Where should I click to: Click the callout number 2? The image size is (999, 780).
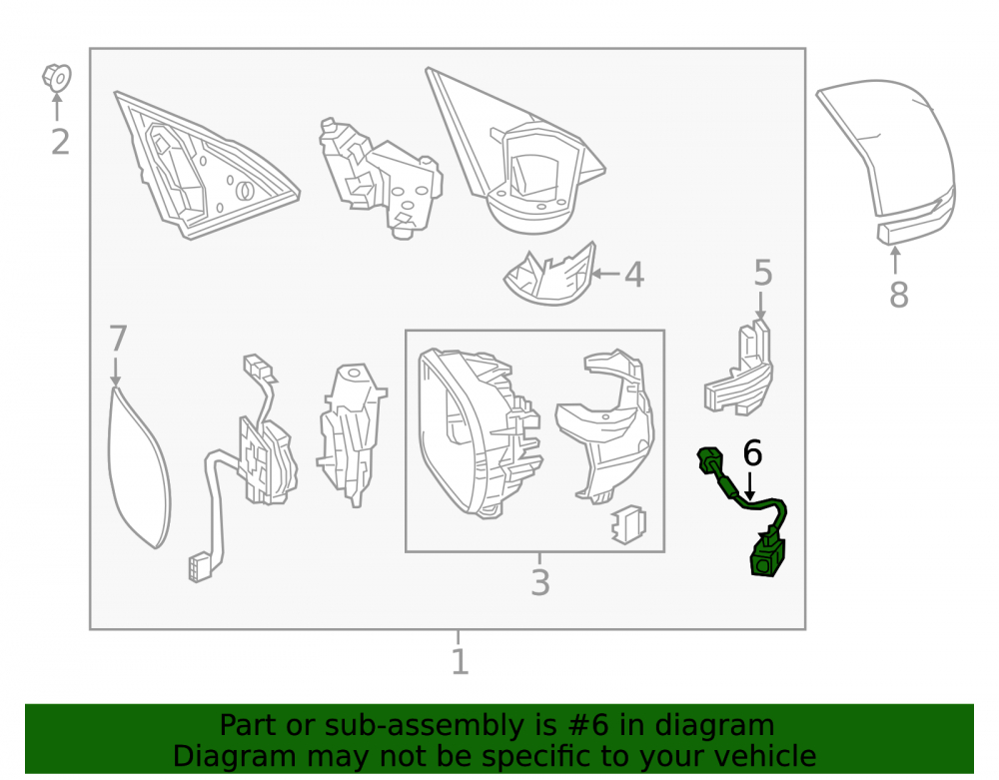click(x=60, y=142)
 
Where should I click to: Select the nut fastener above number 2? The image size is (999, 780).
click(x=57, y=78)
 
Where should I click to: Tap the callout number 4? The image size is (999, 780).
click(x=634, y=275)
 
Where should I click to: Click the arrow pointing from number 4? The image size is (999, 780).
click(x=606, y=275)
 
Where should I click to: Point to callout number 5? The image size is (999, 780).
click(x=762, y=274)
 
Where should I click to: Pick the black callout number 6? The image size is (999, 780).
click(x=752, y=453)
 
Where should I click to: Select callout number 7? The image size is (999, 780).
click(x=118, y=339)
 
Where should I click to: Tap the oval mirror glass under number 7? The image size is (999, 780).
click(x=139, y=468)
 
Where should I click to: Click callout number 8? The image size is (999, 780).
click(x=898, y=295)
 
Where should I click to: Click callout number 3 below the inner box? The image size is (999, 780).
click(x=540, y=582)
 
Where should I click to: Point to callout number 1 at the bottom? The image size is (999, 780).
click(x=460, y=662)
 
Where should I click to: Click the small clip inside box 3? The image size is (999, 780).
click(x=628, y=525)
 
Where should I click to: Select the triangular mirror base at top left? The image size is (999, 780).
click(x=204, y=166)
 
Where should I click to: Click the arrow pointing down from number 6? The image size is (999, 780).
click(x=750, y=485)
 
